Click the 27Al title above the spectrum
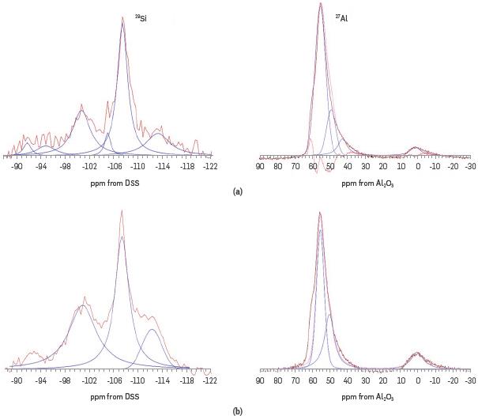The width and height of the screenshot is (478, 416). click(x=341, y=17)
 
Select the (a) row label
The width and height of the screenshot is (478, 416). click(x=238, y=191)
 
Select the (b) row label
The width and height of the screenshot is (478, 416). click(x=238, y=410)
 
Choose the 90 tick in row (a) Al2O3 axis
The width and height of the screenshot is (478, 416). click(x=260, y=167)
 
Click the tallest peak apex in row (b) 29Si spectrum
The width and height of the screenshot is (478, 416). click(x=122, y=210)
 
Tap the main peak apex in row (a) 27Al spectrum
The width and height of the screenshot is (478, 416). click(x=320, y=4)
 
